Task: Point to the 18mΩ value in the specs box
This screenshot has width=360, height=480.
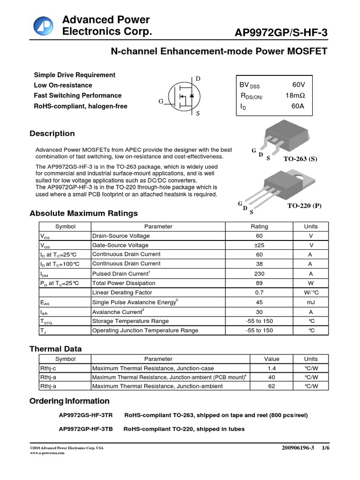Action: click(294, 96)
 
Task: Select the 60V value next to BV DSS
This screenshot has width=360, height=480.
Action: click(298, 85)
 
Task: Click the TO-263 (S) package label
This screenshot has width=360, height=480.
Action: click(300, 159)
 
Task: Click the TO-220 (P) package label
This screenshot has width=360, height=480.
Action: click(304, 206)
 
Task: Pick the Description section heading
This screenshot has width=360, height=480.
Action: click(52, 134)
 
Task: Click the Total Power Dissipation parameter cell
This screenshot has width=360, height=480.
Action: click(120, 283)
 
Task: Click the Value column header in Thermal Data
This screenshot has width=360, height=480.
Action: click(271, 359)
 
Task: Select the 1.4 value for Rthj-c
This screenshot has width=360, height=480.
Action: click(271, 368)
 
